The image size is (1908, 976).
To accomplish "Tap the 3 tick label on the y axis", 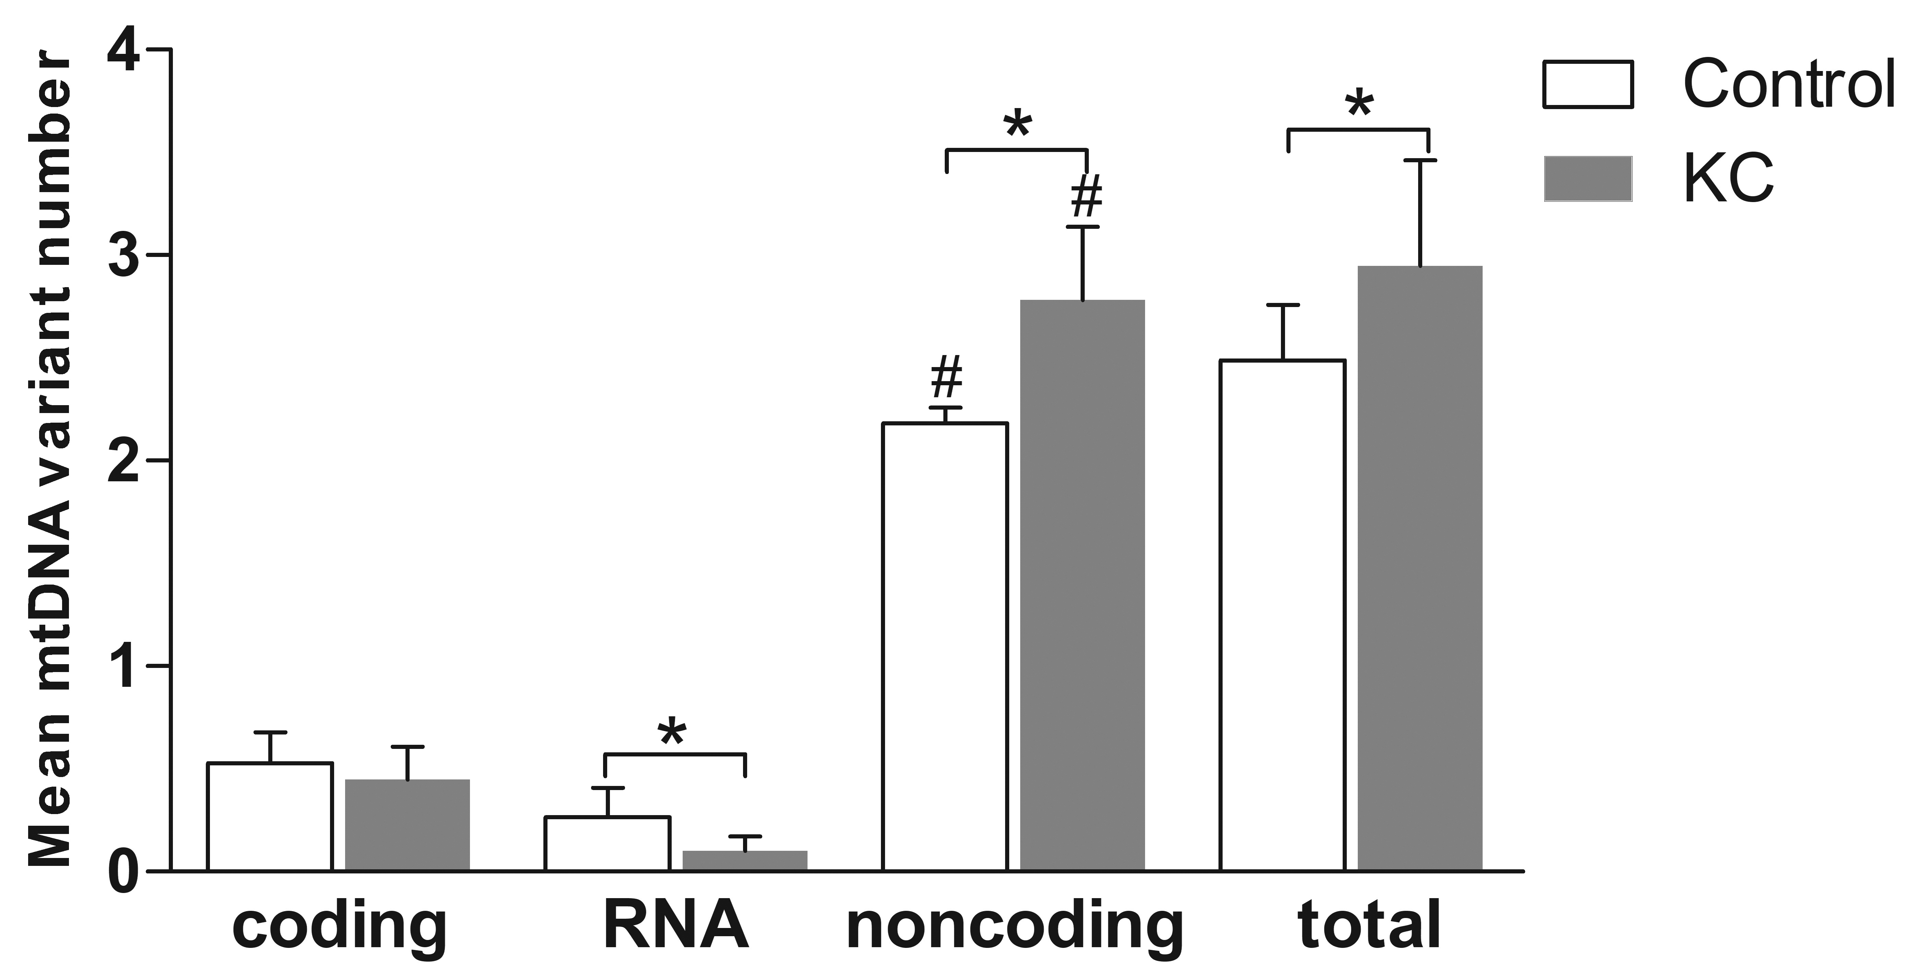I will [x=126, y=256].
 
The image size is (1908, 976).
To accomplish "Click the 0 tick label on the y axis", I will [x=126, y=872].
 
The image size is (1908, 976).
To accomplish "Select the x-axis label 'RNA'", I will [x=675, y=926].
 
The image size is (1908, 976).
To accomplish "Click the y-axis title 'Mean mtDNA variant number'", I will [x=50, y=459].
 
